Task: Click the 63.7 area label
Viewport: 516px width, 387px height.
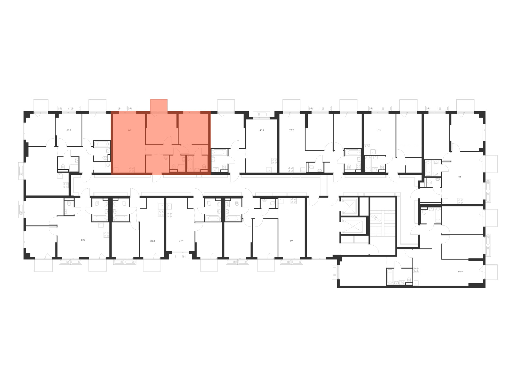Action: [69, 130]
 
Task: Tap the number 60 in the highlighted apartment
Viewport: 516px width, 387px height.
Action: [130, 130]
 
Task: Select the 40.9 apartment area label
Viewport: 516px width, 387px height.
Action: [262, 130]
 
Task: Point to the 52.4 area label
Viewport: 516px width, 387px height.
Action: [291, 130]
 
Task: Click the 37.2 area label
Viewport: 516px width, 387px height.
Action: [379, 130]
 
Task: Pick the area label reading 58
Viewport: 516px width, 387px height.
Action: [459, 177]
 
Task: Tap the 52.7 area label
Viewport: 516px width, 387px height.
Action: [83, 240]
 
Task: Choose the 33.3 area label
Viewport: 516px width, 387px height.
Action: [152, 241]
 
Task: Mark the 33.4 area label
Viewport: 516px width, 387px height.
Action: [181, 240]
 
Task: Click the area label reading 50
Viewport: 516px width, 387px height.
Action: [291, 240]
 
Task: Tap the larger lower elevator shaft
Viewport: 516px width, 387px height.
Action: [352, 226]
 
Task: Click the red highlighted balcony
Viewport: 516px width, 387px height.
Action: [159, 105]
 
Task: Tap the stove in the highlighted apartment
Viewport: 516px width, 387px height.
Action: [132, 169]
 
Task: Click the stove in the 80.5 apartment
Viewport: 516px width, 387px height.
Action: [416, 270]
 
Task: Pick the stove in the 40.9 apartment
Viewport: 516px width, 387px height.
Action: [274, 161]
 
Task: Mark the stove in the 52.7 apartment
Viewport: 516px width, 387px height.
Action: [106, 235]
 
